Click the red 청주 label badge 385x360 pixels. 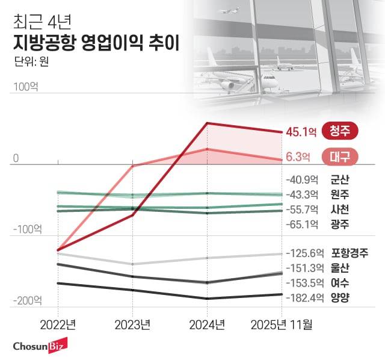click(x=340, y=130)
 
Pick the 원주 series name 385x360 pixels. click(x=340, y=194)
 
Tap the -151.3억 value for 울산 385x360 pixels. click(x=306, y=268)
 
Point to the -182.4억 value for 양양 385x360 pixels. click(x=306, y=297)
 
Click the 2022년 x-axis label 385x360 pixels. click(x=58, y=325)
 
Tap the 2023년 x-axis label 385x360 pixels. click(x=132, y=325)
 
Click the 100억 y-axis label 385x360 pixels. click(x=25, y=87)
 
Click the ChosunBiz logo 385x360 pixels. click(x=40, y=346)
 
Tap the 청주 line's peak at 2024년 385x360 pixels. click(x=207, y=123)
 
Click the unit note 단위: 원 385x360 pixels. click(x=29, y=61)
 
